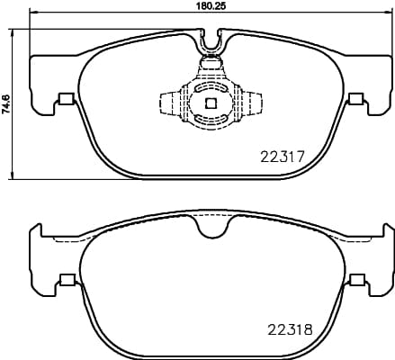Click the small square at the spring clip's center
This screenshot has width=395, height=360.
(x=211, y=103)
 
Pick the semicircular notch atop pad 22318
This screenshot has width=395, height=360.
(x=211, y=229)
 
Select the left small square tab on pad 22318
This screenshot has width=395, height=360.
(x=65, y=280)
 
